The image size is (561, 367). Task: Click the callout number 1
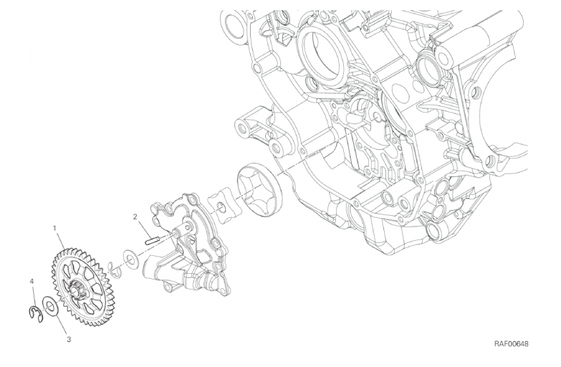(x=55, y=228)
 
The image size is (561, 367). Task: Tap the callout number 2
(x=135, y=216)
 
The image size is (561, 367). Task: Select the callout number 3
(x=69, y=339)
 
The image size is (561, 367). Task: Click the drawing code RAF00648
(x=511, y=344)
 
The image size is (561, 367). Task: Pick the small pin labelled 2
(x=153, y=239)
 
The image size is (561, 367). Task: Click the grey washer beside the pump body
(x=131, y=259)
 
